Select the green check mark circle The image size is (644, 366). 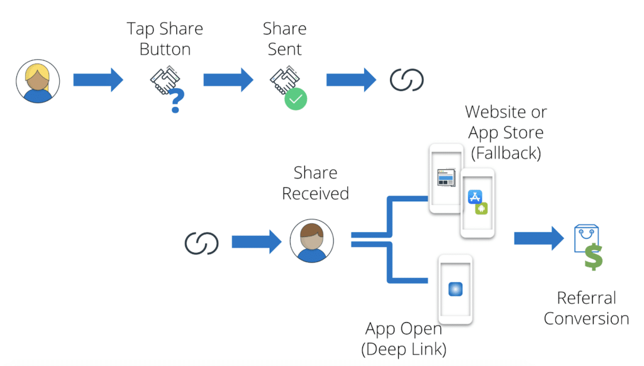[296, 99]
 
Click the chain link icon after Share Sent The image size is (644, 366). [407, 80]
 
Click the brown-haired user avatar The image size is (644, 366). [312, 241]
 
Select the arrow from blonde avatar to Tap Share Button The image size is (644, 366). [98, 80]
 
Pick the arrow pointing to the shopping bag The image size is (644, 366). [538, 238]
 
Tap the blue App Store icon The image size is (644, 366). [475, 197]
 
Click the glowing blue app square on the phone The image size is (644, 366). [455, 289]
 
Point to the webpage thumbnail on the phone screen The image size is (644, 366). [446, 177]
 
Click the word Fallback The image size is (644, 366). [506, 153]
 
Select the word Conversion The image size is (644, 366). [586, 318]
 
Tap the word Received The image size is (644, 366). [315, 193]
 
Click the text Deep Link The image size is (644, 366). [404, 349]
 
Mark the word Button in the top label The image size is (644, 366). [165, 49]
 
